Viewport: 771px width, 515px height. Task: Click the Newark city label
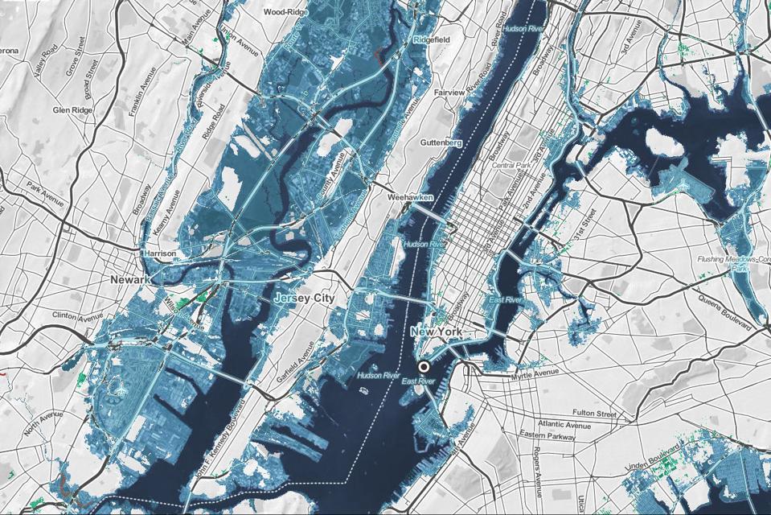pos(130,279)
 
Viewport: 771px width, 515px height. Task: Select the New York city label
pos(439,332)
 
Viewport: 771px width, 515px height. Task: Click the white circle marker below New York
pos(424,366)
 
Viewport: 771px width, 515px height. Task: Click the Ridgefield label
pos(432,39)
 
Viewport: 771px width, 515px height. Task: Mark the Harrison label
pos(158,253)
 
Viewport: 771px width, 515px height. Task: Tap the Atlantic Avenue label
pos(565,424)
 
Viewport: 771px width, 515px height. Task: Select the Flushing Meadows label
pos(736,259)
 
